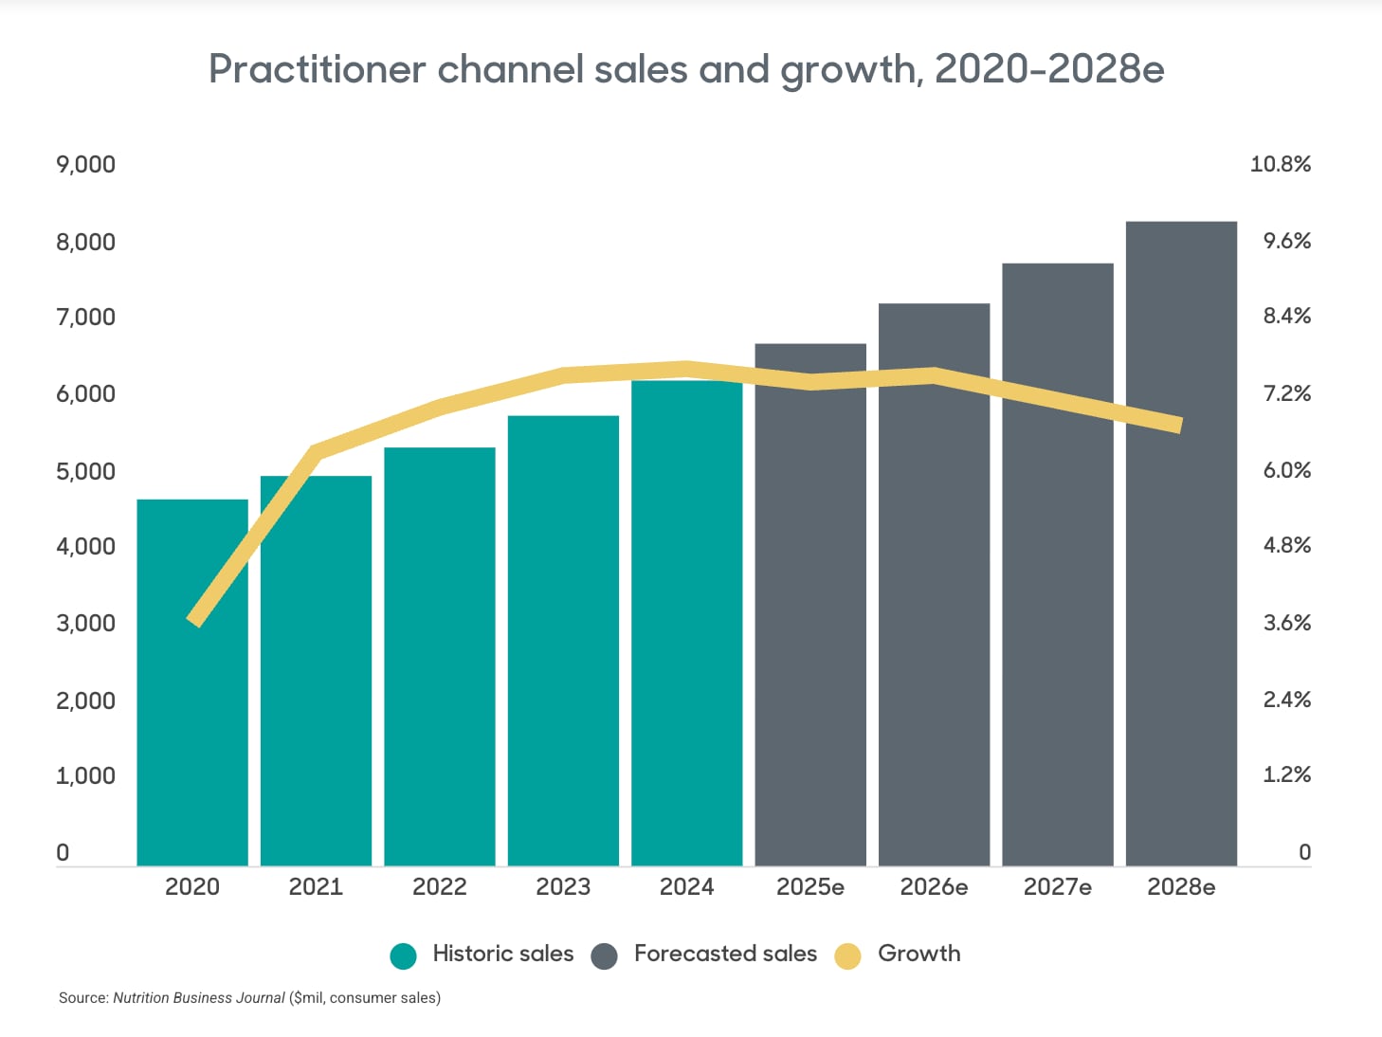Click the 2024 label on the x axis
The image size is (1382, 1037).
tap(686, 887)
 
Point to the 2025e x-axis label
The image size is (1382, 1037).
tap(809, 887)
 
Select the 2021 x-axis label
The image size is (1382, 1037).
tap(316, 887)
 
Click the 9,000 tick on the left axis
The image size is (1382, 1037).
tap(85, 165)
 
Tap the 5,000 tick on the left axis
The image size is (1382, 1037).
tap(85, 471)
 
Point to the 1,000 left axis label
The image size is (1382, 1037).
tap(85, 776)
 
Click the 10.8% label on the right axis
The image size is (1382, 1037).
tap(1280, 165)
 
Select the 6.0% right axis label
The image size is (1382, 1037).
tap(1286, 471)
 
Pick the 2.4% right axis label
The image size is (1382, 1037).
tap(1286, 700)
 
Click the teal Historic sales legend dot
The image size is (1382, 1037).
tap(404, 955)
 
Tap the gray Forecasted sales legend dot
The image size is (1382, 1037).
tap(604, 955)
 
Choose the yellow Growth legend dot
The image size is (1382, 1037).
tap(847, 955)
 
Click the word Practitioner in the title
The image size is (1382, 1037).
tap(317, 70)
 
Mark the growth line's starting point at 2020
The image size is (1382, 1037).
tap(194, 621)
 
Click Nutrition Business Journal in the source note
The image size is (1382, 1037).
tap(199, 998)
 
